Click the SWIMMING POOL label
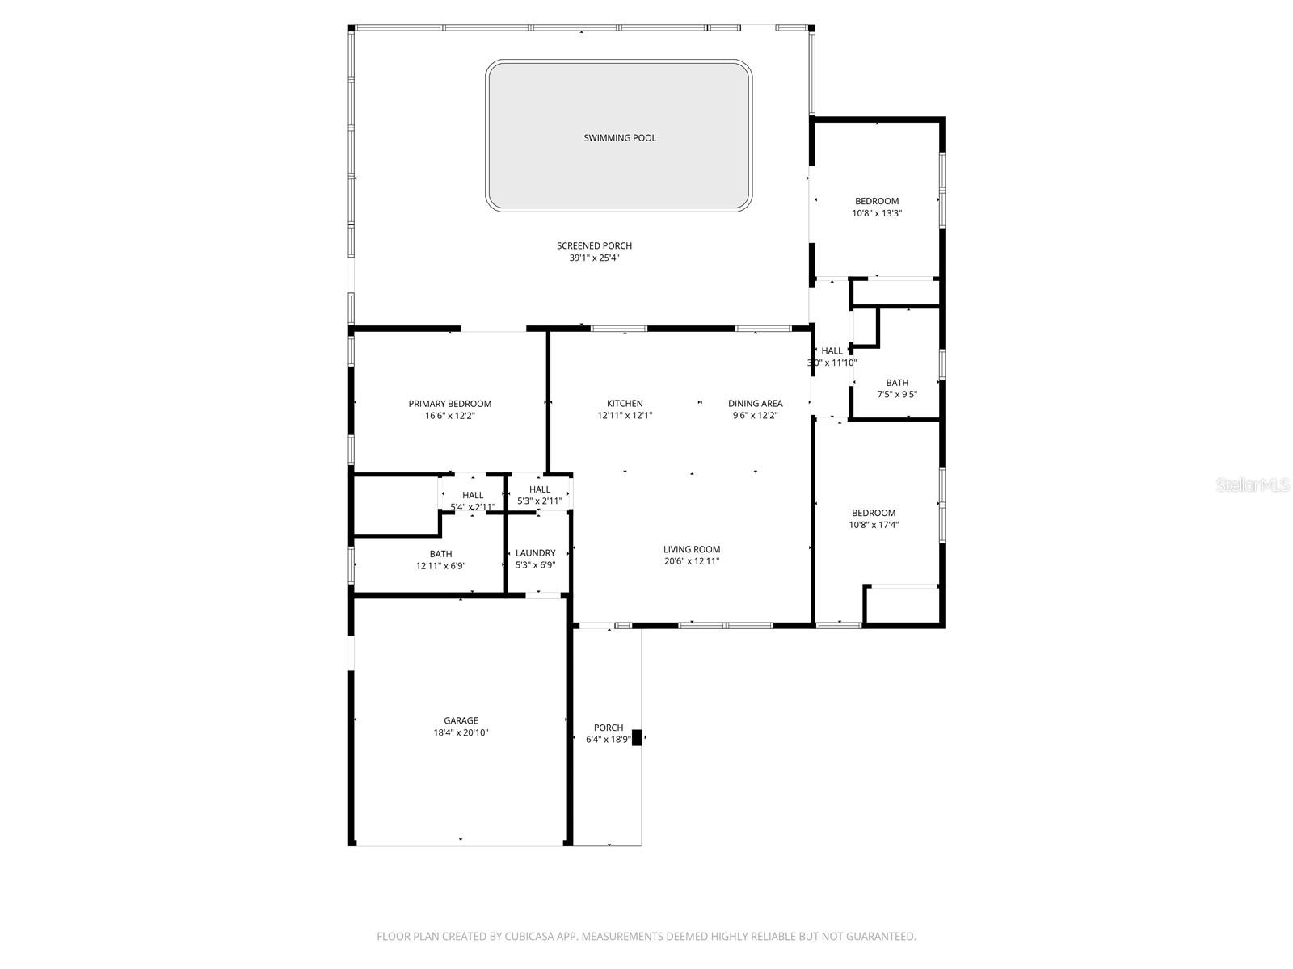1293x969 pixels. tap(620, 138)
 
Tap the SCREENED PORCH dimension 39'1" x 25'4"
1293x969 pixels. tap(594, 258)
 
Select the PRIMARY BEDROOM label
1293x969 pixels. tap(449, 404)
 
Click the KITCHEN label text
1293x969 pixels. tap(625, 404)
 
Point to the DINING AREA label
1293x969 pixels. tap(755, 404)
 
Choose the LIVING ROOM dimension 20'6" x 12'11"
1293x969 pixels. tap(691, 561)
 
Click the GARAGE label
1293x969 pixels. tap(461, 720)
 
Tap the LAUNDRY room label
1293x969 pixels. tap(535, 553)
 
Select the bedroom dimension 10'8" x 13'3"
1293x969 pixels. tap(877, 214)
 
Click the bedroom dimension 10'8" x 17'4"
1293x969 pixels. tap(874, 525)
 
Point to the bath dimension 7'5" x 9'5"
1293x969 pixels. tap(897, 395)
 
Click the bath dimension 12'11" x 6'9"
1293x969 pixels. tap(440, 566)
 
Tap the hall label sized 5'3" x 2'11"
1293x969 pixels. tap(540, 489)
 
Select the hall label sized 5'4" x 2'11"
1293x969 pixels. tap(473, 495)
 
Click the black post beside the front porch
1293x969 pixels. tap(636, 737)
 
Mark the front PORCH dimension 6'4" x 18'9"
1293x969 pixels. tap(608, 740)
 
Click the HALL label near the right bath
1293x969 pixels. tap(832, 350)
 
